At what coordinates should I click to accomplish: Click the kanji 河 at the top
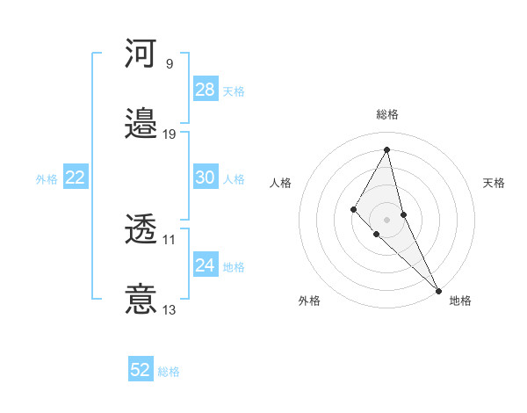tap(141, 54)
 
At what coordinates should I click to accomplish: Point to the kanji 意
tap(141, 299)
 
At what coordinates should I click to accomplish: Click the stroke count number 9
tap(170, 64)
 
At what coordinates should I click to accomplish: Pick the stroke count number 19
tap(170, 134)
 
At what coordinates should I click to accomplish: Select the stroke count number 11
tap(170, 239)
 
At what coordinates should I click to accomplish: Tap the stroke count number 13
tap(170, 309)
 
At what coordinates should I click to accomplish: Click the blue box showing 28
tap(206, 90)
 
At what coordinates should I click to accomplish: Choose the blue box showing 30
tap(206, 178)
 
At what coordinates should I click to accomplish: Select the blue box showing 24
tap(206, 265)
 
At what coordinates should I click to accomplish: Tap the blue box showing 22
tap(76, 178)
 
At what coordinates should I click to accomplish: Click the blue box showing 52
tap(141, 370)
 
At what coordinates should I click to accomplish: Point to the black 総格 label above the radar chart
tap(387, 114)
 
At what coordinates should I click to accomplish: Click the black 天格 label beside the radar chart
tap(494, 183)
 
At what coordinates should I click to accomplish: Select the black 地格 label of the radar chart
tap(460, 301)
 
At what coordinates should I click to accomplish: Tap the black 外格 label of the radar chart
tap(309, 301)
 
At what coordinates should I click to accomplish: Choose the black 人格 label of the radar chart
tap(281, 183)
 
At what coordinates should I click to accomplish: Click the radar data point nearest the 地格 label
tap(437, 289)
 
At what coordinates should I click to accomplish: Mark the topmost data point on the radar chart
tap(387, 149)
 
